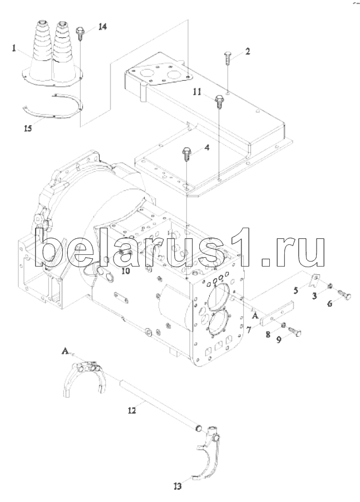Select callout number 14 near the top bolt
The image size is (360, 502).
click(x=103, y=27)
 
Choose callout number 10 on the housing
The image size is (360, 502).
click(x=126, y=271)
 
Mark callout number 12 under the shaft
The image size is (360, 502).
click(x=131, y=410)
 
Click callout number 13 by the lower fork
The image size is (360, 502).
click(x=177, y=486)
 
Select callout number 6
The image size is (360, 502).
click(x=330, y=303)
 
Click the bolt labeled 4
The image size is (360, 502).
click(x=186, y=153)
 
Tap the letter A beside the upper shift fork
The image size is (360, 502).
click(x=65, y=351)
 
